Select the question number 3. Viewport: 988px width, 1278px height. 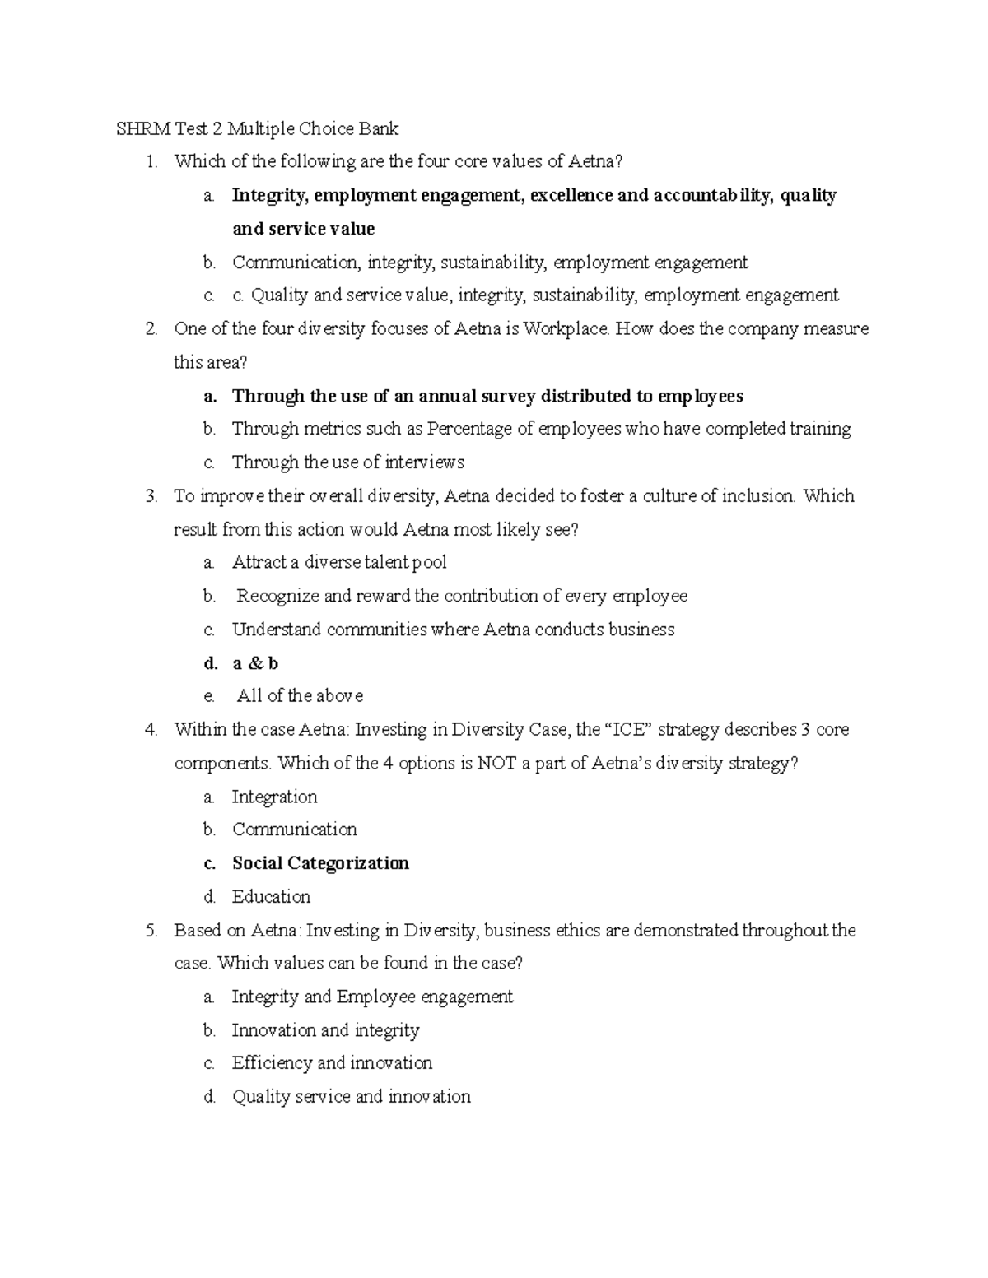click(x=151, y=496)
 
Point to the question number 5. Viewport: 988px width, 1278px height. click(x=151, y=931)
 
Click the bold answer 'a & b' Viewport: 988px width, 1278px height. click(x=255, y=663)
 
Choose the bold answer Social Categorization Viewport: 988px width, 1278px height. click(x=320, y=863)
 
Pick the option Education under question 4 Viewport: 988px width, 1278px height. click(x=271, y=897)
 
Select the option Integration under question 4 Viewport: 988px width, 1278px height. click(x=274, y=797)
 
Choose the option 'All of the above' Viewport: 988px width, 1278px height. click(x=300, y=696)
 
